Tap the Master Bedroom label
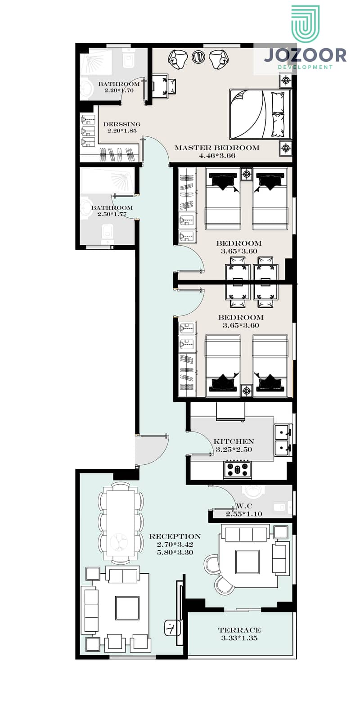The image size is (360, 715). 217,148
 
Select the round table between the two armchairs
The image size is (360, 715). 198,57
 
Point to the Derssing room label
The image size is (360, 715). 122,124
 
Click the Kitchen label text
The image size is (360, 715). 234,441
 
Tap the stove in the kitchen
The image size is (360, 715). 237,470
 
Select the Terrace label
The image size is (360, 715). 239,630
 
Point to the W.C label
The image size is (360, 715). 244,506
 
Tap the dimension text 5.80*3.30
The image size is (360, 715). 175,553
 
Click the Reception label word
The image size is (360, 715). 175,536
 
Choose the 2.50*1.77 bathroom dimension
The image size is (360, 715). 112,214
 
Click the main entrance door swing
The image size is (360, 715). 152,450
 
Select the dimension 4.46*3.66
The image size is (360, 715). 217,156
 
